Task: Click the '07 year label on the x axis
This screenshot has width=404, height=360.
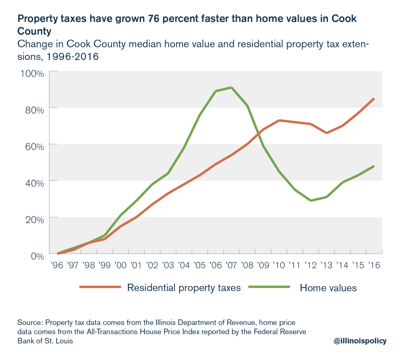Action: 231,265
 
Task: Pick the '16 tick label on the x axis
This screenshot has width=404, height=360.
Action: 374,265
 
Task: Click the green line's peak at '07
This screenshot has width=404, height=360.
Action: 232,87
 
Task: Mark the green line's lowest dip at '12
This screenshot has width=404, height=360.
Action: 311,201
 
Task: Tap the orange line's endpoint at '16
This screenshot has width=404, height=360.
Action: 374,99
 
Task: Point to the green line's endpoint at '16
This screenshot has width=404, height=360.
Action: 374,166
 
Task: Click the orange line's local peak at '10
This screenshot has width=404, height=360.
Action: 279,120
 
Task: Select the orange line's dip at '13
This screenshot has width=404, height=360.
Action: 327,133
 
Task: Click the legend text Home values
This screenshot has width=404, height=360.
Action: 328,288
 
